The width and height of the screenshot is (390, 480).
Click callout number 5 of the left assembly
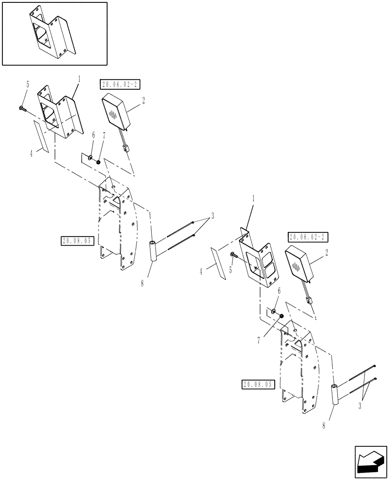coord(27,84)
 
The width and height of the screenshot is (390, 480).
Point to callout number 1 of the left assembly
coord(79,79)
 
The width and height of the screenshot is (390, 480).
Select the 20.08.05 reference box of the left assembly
coord(76,241)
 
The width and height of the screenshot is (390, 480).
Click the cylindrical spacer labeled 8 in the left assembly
coord(154,252)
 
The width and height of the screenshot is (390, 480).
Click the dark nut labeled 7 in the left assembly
coord(98,162)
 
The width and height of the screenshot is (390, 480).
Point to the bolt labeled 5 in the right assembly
coord(232,255)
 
